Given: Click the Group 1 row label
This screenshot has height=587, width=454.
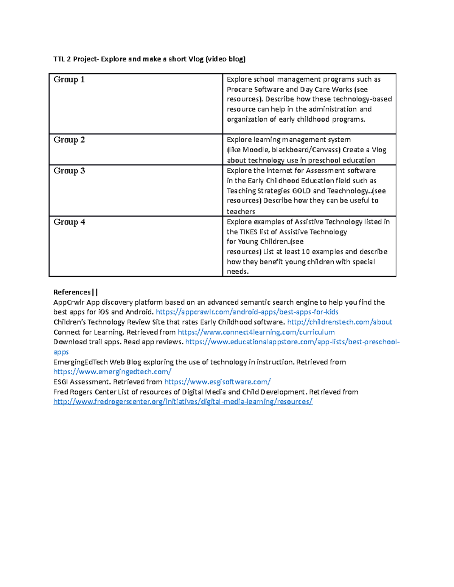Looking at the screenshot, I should pyautogui.click(x=69, y=79).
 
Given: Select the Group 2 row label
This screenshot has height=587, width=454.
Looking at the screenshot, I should pyautogui.click(x=69, y=140).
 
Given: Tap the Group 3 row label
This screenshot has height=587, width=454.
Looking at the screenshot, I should pyautogui.click(x=69, y=171).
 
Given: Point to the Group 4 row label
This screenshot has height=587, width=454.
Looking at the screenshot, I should pyautogui.click(x=69, y=222).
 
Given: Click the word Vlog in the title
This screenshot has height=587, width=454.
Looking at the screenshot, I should pyautogui.click(x=196, y=59).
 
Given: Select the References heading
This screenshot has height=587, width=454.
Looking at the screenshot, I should pyautogui.click(x=72, y=292).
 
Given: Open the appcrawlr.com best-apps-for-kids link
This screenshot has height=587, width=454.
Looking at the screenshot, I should pyautogui.click(x=247, y=312).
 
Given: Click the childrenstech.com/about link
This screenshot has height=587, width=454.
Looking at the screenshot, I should pyautogui.click(x=339, y=322).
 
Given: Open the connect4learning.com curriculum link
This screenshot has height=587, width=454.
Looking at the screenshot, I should pyautogui.click(x=256, y=332).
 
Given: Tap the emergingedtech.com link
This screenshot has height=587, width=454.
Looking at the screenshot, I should pyautogui.click(x=112, y=372).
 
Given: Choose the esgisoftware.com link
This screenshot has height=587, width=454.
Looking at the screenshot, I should pyautogui.click(x=218, y=382).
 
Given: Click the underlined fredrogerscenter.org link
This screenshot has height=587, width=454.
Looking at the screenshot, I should pyautogui.click(x=183, y=402).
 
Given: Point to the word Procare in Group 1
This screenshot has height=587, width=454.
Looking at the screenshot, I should pyautogui.click(x=239, y=90).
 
